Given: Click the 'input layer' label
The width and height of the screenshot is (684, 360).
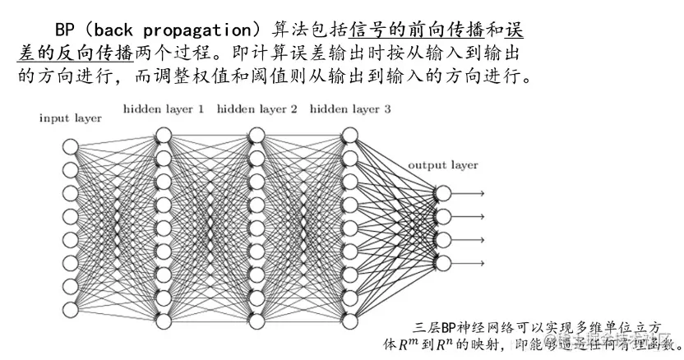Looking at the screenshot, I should click(x=71, y=118).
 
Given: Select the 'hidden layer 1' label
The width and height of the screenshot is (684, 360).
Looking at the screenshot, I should click(x=164, y=109).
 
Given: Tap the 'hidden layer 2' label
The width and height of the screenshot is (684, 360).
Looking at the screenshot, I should click(x=257, y=109).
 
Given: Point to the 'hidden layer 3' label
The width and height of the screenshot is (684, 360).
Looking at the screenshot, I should click(x=350, y=109).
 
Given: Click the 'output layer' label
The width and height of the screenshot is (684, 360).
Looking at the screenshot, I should click(x=443, y=165).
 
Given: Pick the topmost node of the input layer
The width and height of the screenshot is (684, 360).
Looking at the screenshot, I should click(x=70, y=146).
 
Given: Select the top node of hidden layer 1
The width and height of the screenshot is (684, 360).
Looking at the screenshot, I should click(x=163, y=135).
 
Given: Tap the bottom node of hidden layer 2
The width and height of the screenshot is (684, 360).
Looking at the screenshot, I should click(x=256, y=320).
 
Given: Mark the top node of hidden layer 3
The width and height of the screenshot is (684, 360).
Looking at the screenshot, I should click(x=350, y=135).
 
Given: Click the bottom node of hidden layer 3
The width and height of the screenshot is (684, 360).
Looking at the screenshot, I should click(x=350, y=320).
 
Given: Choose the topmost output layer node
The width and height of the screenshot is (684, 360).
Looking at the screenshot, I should click(x=443, y=193).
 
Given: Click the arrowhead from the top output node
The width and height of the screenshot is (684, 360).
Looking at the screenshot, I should click(x=481, y=193).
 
